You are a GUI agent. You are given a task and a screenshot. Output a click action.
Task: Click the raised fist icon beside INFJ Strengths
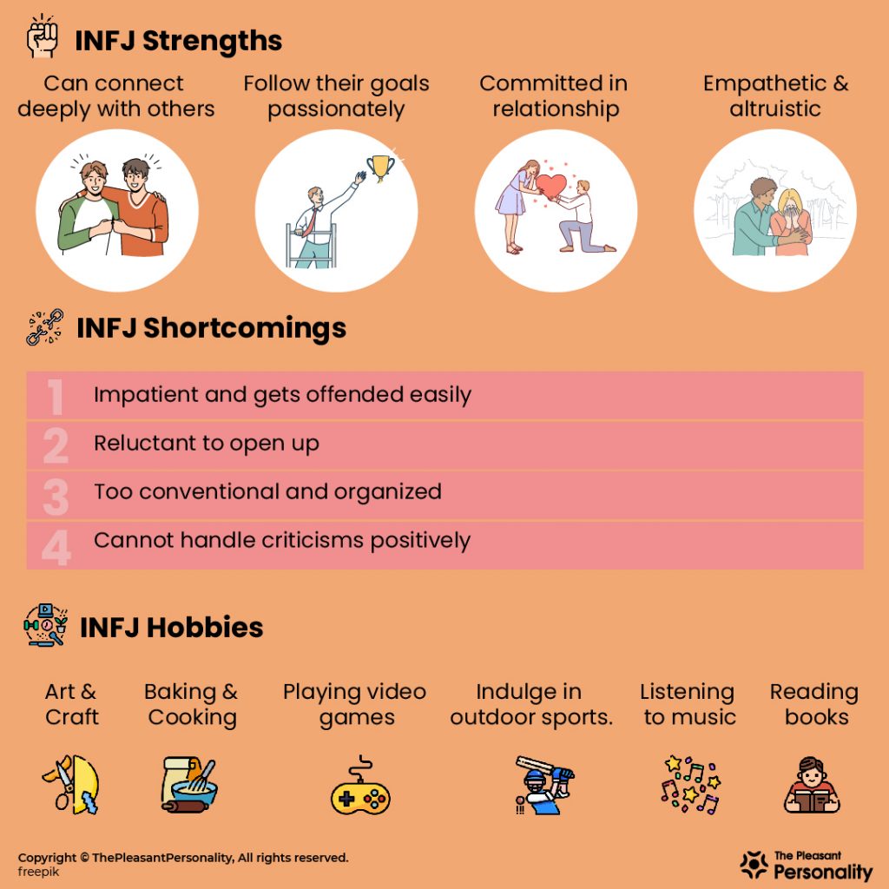pyautogui.click(x=43, y=36)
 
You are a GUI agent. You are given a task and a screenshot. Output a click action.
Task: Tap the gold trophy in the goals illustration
pyautogui.click(x=380, y=168)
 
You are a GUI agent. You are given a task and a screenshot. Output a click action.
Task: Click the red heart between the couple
pyautogui.click(x=550, y=186)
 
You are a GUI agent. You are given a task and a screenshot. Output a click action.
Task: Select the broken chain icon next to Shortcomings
pyautogui.click(x=45, y=327)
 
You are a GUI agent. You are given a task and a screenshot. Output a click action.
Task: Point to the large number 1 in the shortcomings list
pyautogui.click(x=55, y=396)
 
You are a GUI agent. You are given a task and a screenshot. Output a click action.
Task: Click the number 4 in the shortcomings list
pyautogui.click(x=56, y=547)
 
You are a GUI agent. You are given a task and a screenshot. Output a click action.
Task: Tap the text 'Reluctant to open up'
pyautogui.click(x=207, y=444)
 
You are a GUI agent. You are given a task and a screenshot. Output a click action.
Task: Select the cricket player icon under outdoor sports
pyautogui.click(x=543, y=785)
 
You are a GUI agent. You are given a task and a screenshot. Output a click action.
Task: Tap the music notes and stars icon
pyautogui.click(x=690, y=785)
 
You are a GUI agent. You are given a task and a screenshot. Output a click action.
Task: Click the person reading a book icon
pyautogui.click(x=812, y=785)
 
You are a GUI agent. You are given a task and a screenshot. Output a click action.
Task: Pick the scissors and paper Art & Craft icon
pyautogui.click(x=72, y=785)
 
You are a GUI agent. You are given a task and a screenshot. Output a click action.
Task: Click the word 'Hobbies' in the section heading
pyautogui.click(x=205, y=627)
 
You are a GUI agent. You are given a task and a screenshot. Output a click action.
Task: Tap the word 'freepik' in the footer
pyautogui.click(x=38, y=872)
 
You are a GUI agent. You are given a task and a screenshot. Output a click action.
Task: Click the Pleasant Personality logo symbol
pyautogui.click(x=754, y=866)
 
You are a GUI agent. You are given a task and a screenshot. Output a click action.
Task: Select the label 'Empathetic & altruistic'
pyautogui.click(x=775, y=95)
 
